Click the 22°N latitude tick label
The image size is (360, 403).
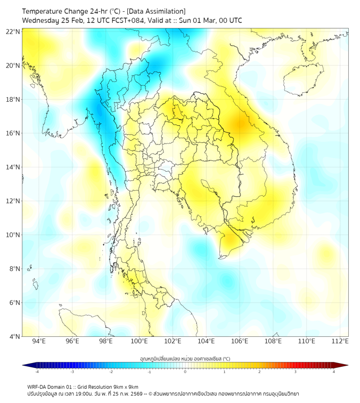pos(13,31)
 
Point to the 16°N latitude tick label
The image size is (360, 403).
pos(13,133)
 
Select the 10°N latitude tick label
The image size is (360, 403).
pos(13,235)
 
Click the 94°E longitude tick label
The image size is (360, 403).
pos(39,342)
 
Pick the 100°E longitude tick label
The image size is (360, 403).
pos(139,342)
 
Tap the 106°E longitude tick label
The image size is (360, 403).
pos(240,342)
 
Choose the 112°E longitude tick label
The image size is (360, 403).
pos(340,342)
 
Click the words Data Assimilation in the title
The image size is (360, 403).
pos(157,11)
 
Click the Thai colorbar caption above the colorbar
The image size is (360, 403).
pos(185,358)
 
